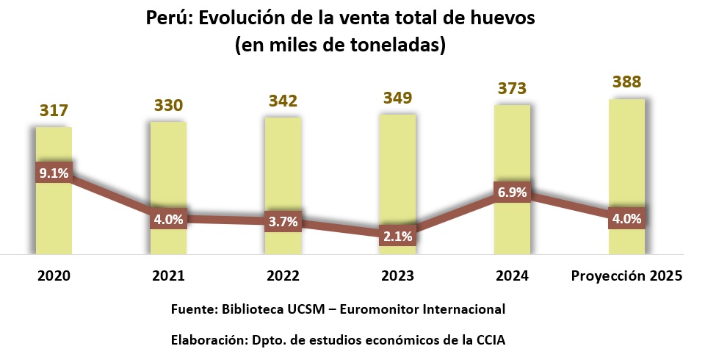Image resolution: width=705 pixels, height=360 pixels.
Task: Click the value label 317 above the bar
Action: point(54,111)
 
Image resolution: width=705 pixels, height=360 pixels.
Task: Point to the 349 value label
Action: point(397,98)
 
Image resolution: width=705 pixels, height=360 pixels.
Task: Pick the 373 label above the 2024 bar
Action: point(512,89)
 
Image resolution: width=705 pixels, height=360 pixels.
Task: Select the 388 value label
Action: point(626,82)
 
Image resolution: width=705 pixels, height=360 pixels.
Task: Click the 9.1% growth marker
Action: point(54,173)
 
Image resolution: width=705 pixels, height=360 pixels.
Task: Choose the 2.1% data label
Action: point(397,236)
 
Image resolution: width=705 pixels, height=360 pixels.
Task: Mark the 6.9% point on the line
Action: point(512,192)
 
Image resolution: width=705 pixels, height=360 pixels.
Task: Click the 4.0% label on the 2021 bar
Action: point(168,218)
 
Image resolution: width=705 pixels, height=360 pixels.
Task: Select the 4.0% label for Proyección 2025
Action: point(626,218)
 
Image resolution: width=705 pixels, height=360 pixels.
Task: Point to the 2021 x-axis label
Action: point(168,276)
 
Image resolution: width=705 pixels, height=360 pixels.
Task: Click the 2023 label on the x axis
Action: point(397,276)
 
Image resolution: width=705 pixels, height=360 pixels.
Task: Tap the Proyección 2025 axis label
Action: point(626,276)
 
